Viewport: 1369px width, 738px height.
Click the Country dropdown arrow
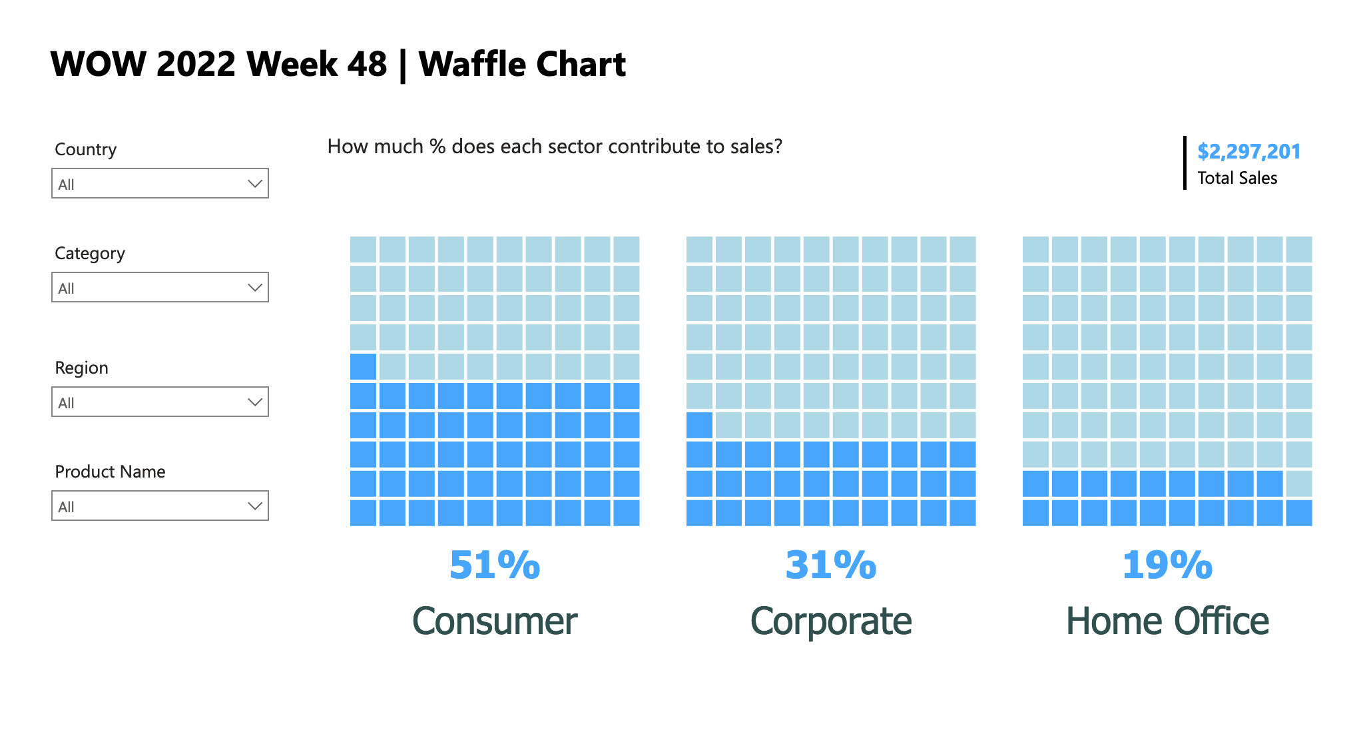pos(254,184)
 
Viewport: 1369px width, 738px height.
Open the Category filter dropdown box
pos(160,287)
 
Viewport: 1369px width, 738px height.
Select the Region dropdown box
pos(160,402)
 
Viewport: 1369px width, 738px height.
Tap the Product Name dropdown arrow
pos(254,506)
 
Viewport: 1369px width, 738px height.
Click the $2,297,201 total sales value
pos(1248,151)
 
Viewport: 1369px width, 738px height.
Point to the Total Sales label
pos(1236,178)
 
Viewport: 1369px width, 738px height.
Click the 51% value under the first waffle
pos(494,565)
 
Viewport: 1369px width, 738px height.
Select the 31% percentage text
pos(830,565)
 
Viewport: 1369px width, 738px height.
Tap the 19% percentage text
pos(1167,565)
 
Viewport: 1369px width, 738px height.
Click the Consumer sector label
pos(494,621)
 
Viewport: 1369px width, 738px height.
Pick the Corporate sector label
pos(830,621)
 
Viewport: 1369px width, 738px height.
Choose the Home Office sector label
pos(1167,621)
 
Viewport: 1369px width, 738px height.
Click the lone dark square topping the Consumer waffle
pos(363,366)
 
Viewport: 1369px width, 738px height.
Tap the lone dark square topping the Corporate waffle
pos(699,425)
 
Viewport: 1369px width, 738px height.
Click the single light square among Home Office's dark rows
pos(1298,484)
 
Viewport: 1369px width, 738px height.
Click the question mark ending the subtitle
pos(777,147)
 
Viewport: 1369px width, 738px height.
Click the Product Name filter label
pos(110,472)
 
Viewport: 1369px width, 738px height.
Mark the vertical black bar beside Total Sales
pos(1185,163)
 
